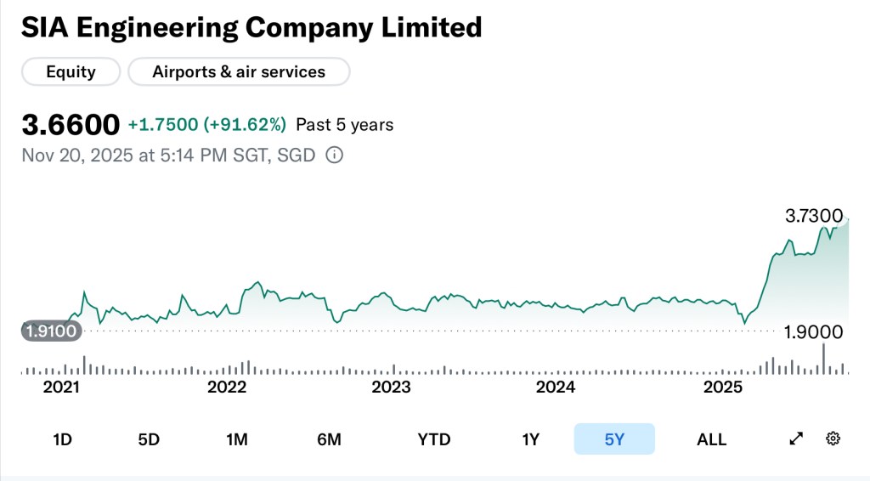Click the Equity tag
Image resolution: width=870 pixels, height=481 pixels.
pyautogui.click(x=71, y=72)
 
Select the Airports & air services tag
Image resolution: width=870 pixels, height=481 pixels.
pyautogui.click(x=239, y=72)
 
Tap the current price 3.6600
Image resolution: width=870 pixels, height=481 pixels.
pyautogui.click(x=71, y=125)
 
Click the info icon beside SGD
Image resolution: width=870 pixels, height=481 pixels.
pyautogui.click(x=335, y=156)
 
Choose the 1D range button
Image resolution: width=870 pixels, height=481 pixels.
pyautogui.click(x=62, y=439)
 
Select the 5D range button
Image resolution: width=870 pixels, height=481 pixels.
pyautogui.click(x=149, y=439)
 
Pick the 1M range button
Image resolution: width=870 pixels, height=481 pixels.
pyautogui.click(x=236, y=439)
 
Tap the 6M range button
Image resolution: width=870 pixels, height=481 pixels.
pyautogui.click(x=329, y=439)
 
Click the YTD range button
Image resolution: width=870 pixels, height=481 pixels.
pyautogui.click(x=434, y=439)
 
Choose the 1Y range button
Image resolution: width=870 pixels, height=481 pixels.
pyautogui.click(x=530, y=439)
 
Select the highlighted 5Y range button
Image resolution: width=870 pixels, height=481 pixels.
pyautogui.click(x=614, y=439)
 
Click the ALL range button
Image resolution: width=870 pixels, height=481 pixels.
pyautogui.click(x=711, y=439)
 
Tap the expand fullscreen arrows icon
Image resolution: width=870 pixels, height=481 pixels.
pyautogui.click(x=796, y=439)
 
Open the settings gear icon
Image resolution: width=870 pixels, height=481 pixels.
pyautogui.click(x=833, y=439)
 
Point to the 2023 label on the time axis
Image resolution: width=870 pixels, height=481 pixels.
pyautogui.click(x=392, y=388)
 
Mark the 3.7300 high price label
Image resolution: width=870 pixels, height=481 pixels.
pyautogui.click(x=813, y=216)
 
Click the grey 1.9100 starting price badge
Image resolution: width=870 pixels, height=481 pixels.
pyautogui.click(x=51, y=331)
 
